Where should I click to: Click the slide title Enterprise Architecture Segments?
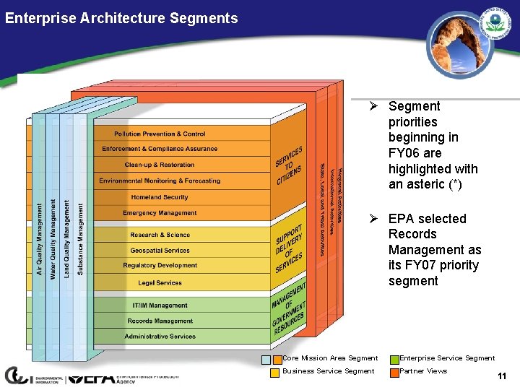[121, 19]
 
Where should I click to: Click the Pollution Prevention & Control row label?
[160, 134]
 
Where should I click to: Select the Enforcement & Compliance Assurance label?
[160, 149]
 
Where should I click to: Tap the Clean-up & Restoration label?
[160, 165]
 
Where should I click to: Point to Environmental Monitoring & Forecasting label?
[160, 181]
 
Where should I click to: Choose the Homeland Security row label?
[160, 197]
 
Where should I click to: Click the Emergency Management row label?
[160, 213]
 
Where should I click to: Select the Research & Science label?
[160, 235]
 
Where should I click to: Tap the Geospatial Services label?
[160, 251]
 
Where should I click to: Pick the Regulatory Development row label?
[160, 266]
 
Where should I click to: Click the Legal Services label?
[160, 282]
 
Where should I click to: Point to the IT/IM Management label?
[160, 305]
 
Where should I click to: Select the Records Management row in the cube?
[160, 321]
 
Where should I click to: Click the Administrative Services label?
[160, 337]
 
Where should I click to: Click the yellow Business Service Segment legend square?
[275, 373]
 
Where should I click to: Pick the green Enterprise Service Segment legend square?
[394, 359]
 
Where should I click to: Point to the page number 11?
[502, 376]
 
